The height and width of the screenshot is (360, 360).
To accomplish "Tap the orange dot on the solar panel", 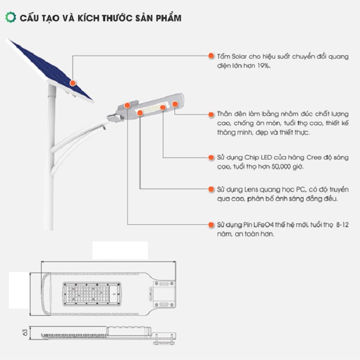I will (x=73, y=82).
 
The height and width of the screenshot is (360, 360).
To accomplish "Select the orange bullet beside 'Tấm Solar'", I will (x=211, y=56).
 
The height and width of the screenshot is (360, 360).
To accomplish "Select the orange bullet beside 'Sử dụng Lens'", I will (x=211, y=189).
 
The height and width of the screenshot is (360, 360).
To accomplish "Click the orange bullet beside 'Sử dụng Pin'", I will (x=211, y=225).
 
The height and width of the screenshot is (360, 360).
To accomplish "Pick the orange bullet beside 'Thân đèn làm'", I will (x=211, y=114).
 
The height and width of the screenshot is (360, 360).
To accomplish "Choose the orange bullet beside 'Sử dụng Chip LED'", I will (x=211, y=157).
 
